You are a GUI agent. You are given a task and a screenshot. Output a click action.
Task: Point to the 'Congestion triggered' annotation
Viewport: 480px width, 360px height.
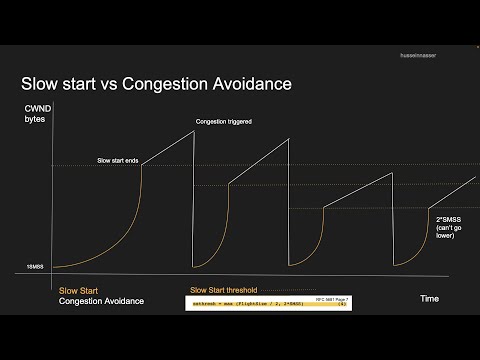(223, 122)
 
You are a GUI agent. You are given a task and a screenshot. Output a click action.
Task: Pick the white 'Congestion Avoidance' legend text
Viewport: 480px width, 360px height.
(101, 300)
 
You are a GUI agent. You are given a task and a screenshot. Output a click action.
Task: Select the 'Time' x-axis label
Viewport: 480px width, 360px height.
(428, 298)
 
